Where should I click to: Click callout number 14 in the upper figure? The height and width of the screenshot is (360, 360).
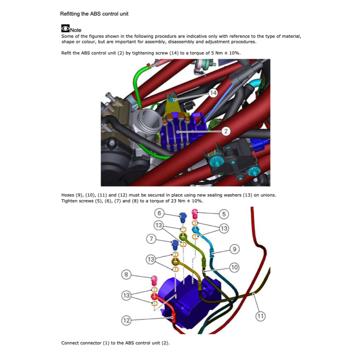pos(213,93)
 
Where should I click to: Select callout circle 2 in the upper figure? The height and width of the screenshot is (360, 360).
pos(226,131)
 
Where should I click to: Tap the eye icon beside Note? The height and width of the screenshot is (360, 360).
pos(65,28)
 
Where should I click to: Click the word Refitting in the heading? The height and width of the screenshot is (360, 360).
pos(70,14)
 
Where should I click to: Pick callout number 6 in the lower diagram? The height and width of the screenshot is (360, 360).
pos(159,213)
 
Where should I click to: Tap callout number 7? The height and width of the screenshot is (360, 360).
pos(151,239)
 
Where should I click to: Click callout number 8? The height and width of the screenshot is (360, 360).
pos(125,275)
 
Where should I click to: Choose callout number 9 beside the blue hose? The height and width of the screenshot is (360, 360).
pos(234,249)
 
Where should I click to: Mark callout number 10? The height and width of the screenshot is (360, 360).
pos(234,267)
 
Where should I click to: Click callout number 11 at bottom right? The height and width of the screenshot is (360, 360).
pos(260,316)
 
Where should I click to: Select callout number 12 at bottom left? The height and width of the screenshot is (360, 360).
pos(126,320)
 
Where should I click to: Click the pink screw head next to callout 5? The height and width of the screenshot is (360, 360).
pos(195,213)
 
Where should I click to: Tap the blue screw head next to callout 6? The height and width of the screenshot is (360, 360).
pos(182,216)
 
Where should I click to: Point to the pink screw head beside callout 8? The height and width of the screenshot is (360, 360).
pos(155,279)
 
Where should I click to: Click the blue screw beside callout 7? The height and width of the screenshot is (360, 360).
pos(175,244)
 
